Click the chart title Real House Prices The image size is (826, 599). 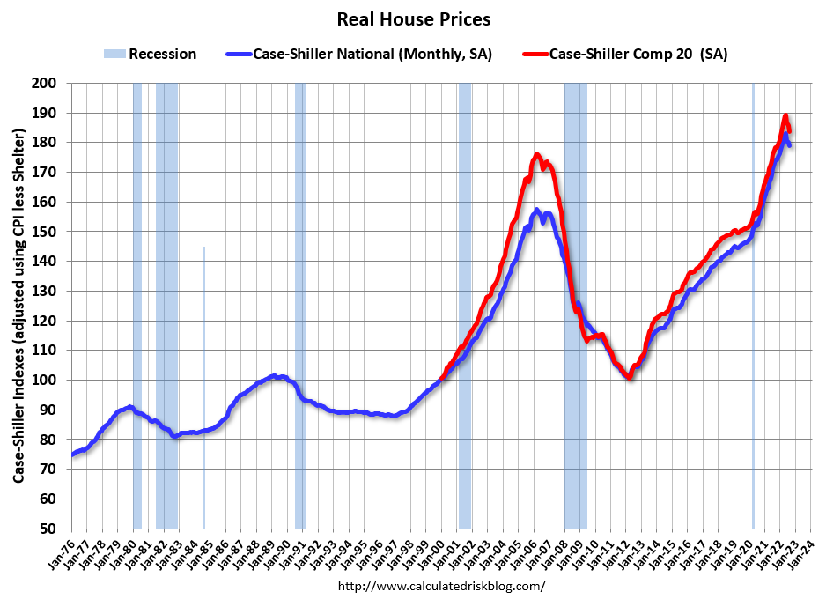click(x=413, y=18)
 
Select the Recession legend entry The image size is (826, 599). click(x=161, y=55)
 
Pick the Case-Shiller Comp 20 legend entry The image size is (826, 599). click(x=638, y=55)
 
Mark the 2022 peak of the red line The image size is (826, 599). click(x=785, y=115)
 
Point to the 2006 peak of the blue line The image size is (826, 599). click(x=536, y=210)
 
